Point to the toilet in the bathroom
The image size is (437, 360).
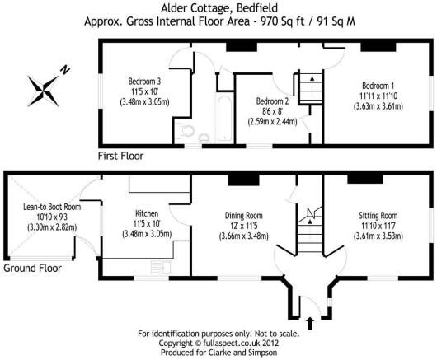tap(186, 130)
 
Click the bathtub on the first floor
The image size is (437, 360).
tap(224, 119)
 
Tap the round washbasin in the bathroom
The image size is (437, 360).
tap(204, 138)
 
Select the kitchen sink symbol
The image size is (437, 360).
tap(162, 267)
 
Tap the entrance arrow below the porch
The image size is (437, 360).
tap(310, 323)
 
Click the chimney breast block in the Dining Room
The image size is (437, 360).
tap(244, 180)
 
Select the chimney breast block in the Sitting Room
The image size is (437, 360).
tap(364, 179)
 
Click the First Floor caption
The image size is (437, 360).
tap(120, 156)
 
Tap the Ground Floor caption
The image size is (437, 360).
tap(32, 268)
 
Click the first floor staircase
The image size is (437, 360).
tap(311, 88)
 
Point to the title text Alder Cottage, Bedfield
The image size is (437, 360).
tap(219, 7)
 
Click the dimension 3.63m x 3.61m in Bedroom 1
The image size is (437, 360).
tap(378, 106)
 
